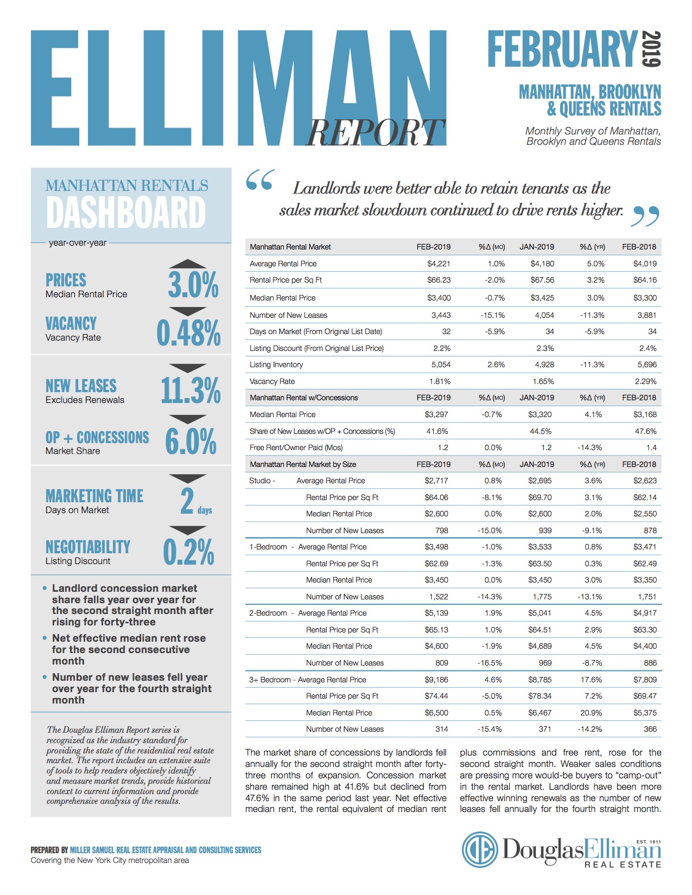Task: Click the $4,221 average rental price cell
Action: (x=439, y=264)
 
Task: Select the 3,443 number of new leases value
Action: (x=441, y=315)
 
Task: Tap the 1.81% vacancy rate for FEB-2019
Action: (x=440, y=381)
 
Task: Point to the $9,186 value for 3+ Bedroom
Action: (x=436, y=680)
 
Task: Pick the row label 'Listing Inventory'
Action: (x=276, y=365)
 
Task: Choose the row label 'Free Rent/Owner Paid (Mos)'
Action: (x=296, y=448)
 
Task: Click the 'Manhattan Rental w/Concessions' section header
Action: (x=304, y=398)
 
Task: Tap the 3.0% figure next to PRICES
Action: (x=193, y=285)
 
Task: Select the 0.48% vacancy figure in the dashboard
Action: (x=189, y=333)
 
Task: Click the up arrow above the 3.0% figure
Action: (x=188, y=264)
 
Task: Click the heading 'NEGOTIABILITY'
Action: (x=88, y=547)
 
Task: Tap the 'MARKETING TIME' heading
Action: (x=94, y=496)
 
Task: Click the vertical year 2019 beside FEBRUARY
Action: (x=651, y=49)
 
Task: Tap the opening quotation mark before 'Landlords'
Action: (x=259, y=180)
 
